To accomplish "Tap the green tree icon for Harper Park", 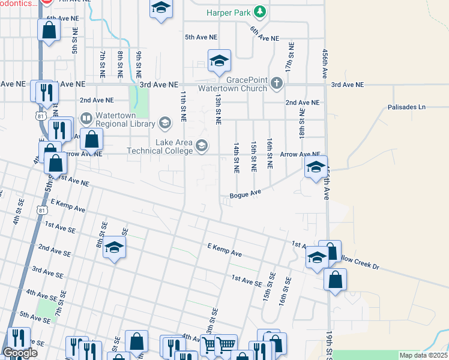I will coord(259,11).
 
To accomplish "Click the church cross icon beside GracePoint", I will coord(276,83).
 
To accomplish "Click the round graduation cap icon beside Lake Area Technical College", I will coord(202,145).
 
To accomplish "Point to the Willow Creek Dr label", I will coord(364,259).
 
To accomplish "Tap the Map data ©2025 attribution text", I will coord(423,355).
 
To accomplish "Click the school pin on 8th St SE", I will coord(113,248).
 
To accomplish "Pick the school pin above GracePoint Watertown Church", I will coord(219,60).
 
